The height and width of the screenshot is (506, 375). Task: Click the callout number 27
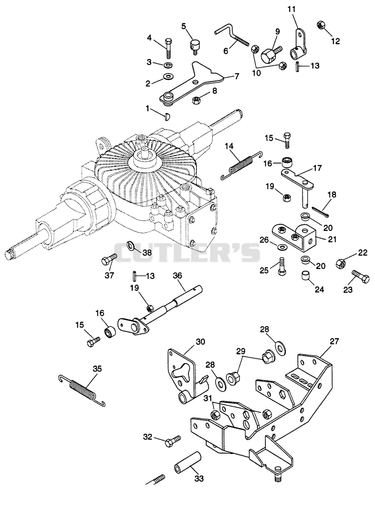[x=334, y=341]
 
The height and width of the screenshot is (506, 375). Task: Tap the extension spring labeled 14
[x=241, y=165]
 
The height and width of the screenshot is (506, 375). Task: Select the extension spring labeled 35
[x=82, y=390]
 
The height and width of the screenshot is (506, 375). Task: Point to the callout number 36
[x=177, y=275]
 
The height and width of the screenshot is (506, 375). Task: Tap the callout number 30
[x=200, y=342]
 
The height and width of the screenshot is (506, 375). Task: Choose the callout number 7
[x=237, y=76]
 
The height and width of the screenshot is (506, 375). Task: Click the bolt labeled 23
[x=360, y=276]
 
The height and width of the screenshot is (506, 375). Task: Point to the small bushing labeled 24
[x=306, y=276]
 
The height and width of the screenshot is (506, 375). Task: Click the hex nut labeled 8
[x=196, y=100]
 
